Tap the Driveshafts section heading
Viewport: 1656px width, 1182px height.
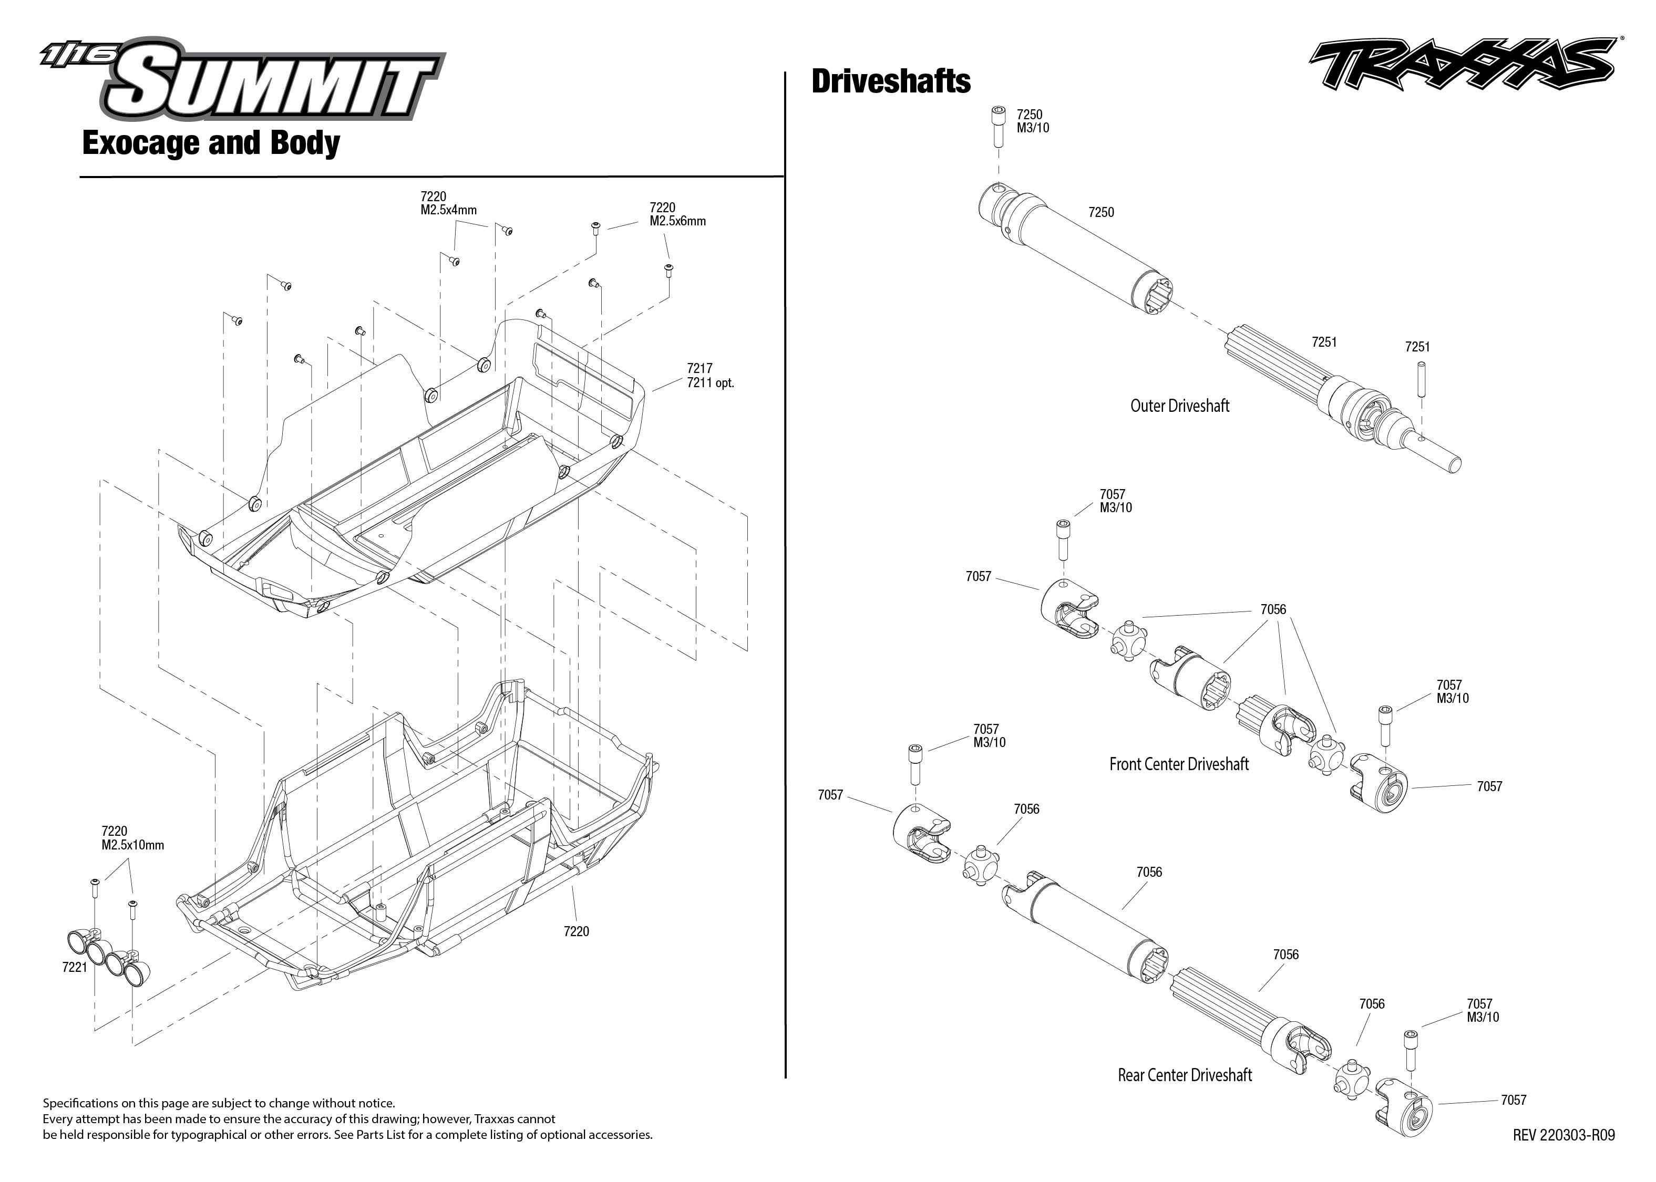pyautogui.click(x=890, y=81)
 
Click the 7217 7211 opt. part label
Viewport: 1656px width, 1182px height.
pyautogui.click(x=709, y=376)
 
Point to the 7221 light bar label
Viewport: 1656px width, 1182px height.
pyautogui.click(x=75, y=967)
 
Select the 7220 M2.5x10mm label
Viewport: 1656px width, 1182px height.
pyautogui.click(x=132, y=838)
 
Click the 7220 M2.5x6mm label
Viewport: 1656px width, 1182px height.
pyautogui.click(x=677, y=214)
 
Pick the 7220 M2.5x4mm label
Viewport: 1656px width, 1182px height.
pyautogui.click(x=448, y=203)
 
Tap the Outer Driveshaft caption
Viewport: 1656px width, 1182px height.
pyautogui.click(x=1179, y=406)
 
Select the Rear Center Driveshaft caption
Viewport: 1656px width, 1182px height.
pyautogui.click(x=1184, y=1075)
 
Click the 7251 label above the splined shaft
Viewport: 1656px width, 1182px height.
pyautogui.click(x=1323, y=341)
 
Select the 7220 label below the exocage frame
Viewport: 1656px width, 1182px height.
pyautogui.click(x=576, y=931)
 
